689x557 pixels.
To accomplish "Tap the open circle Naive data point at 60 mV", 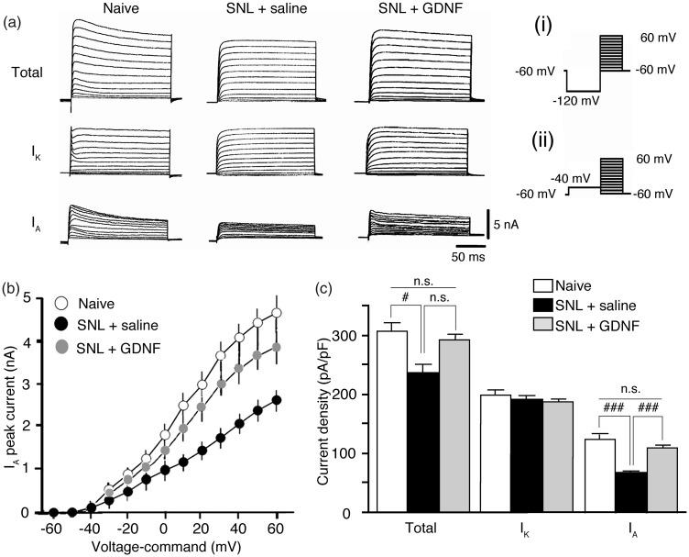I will [276, 313].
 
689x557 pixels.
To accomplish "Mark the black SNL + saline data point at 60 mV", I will [276, 400].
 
